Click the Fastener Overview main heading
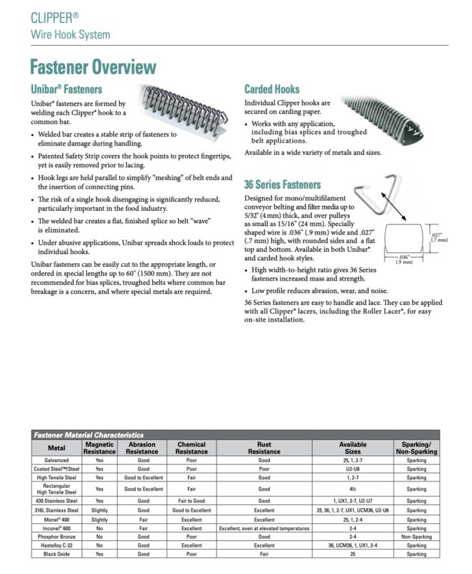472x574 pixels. (x=93, y=67)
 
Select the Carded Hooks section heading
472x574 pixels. (x=272, y=89)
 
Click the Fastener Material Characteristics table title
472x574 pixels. (x=88, y=435)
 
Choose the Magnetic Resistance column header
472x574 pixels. (x=99, y=448)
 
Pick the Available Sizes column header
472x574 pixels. (x=352, y=448)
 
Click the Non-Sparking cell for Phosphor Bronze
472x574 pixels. (x=416, y=536)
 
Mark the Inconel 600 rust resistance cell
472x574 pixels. (x=264, y=527)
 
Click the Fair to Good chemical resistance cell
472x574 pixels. (x=192, y=501)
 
